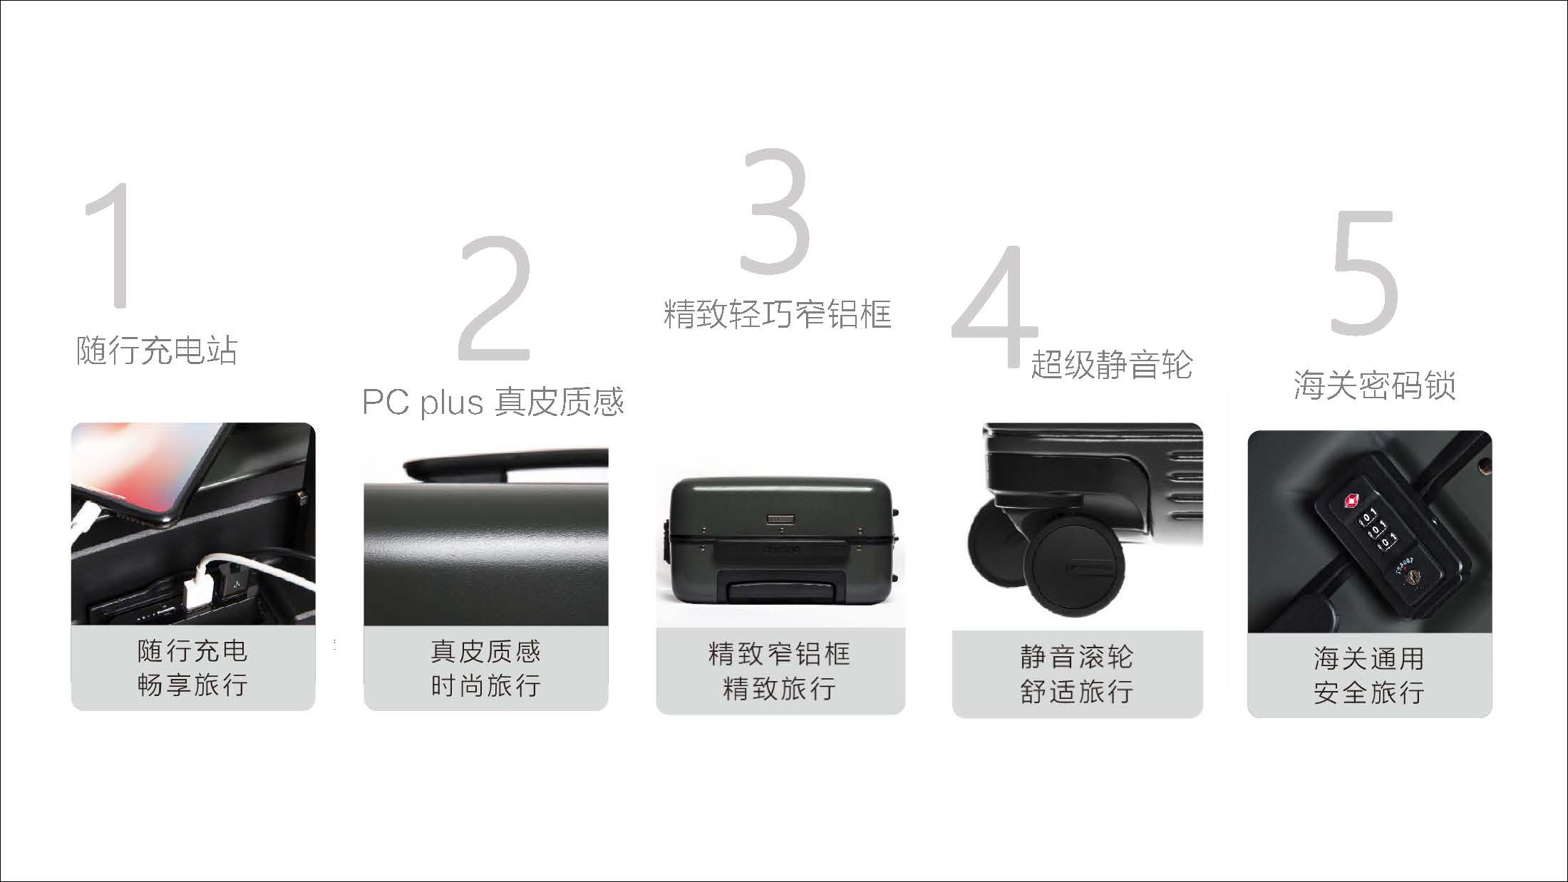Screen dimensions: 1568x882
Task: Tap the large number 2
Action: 495,299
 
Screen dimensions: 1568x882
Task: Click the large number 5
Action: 1364,273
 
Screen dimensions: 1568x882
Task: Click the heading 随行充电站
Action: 157,350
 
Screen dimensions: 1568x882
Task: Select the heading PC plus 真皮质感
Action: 493,401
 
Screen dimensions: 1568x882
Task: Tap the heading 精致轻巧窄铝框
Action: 778,313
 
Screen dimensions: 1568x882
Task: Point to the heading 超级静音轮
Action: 1112,364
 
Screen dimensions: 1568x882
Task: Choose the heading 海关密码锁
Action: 1374,385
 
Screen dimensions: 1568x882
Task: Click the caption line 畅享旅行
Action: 192,685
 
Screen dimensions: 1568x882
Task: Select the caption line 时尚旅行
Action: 485,685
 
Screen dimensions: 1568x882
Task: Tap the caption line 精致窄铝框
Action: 779,654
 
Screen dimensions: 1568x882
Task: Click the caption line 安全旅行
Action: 1369,692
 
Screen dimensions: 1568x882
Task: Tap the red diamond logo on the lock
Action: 1349,501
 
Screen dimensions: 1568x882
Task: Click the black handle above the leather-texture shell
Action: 506,465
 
